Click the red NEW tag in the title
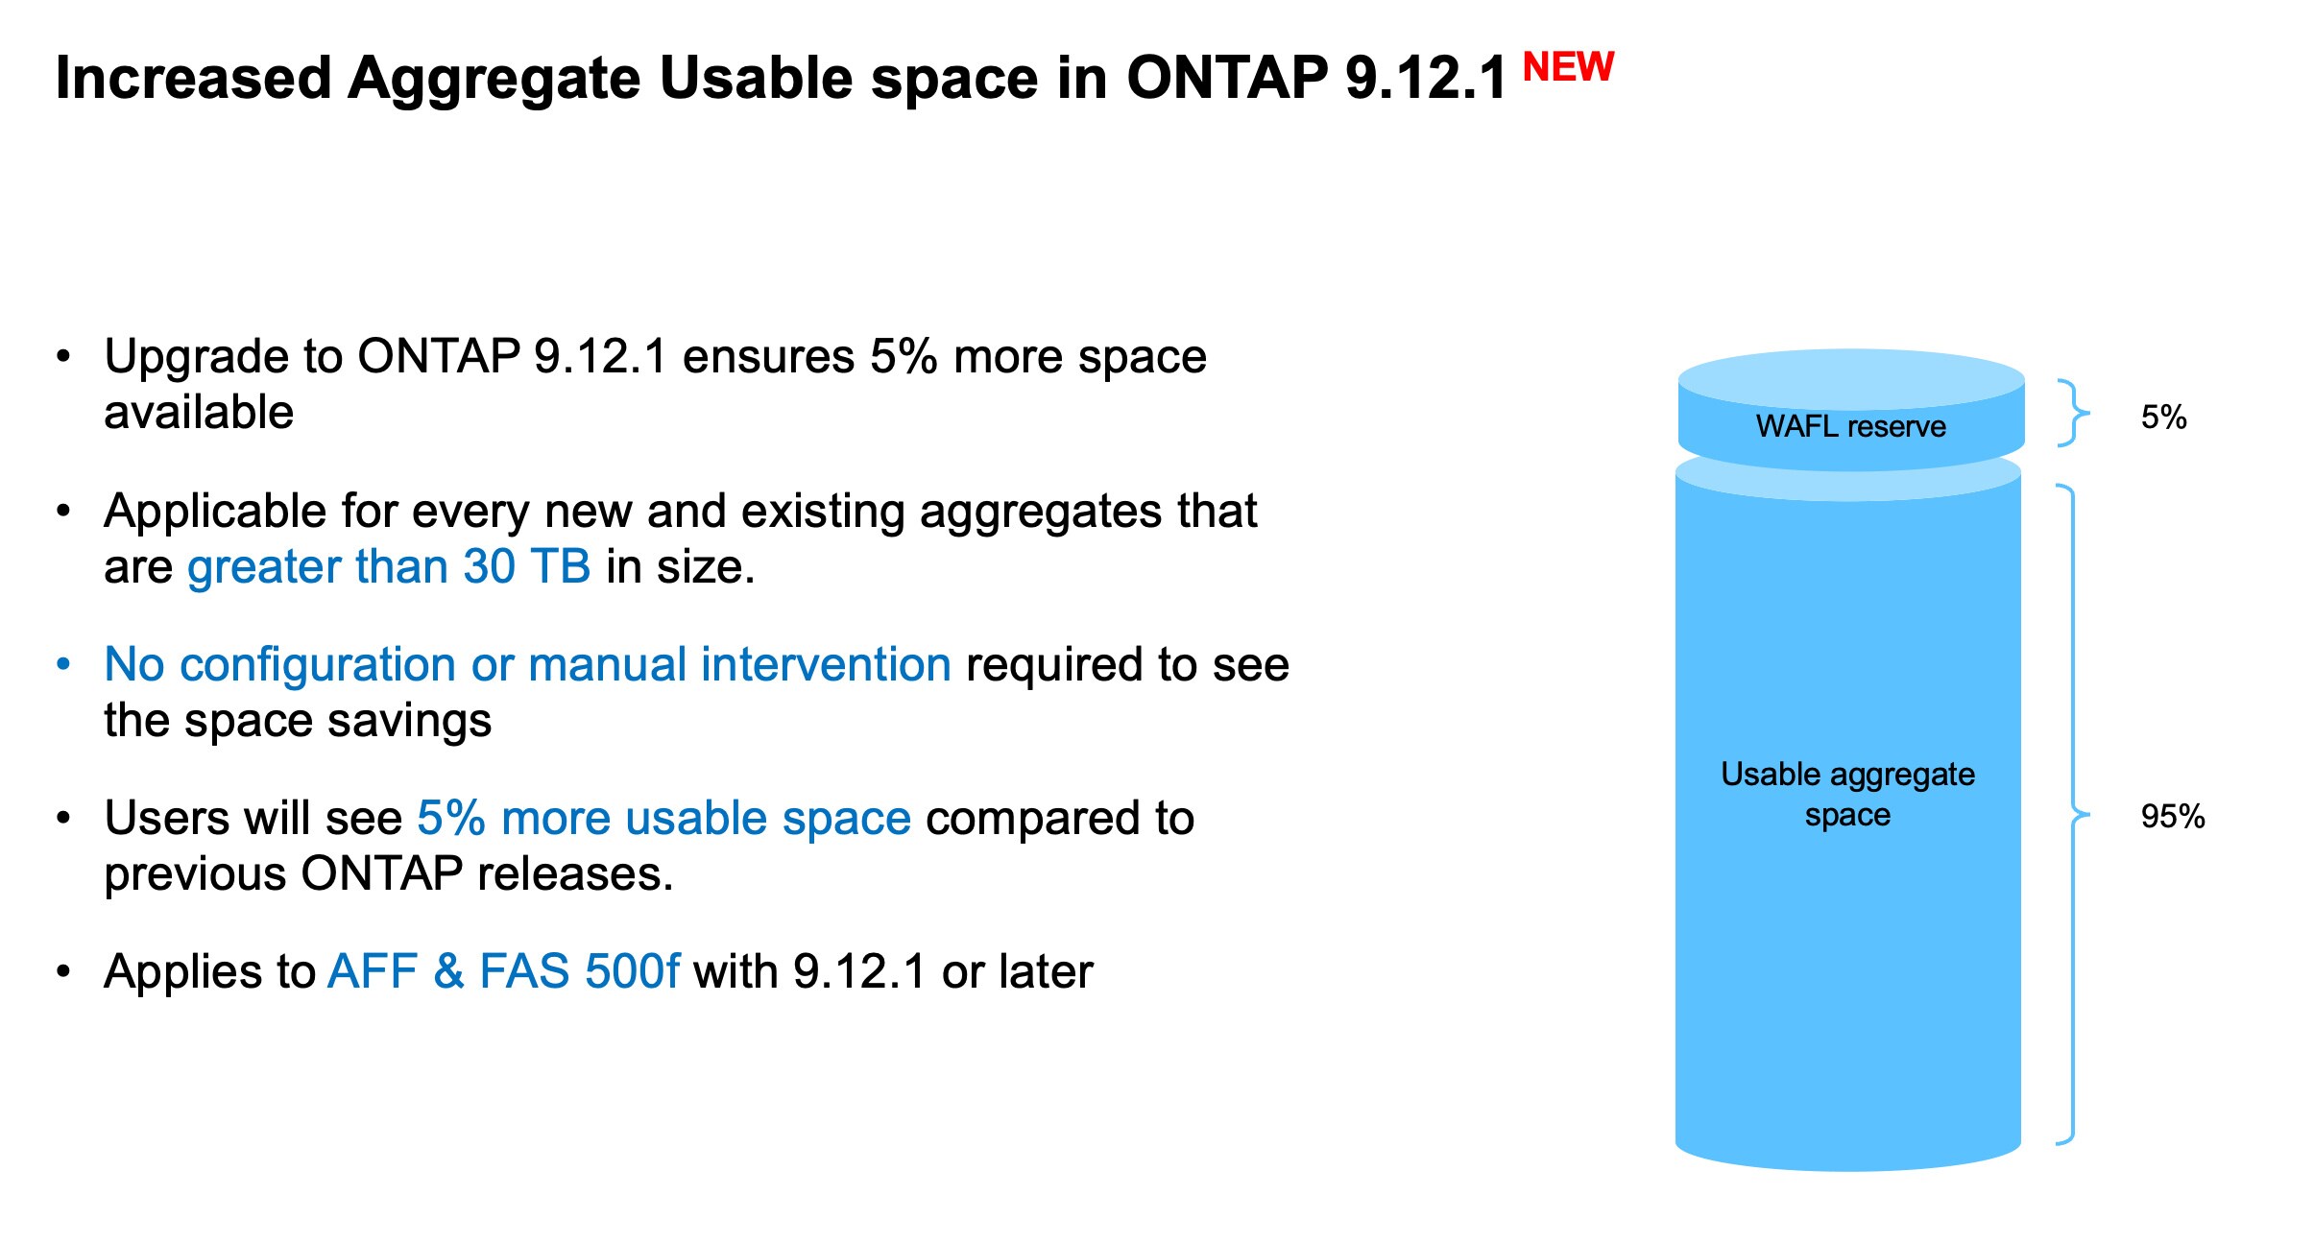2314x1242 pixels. [1568, 67]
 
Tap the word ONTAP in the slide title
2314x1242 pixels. [1227, 77]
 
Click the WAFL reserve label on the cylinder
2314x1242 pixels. [1850, 426]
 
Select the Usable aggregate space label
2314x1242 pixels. [1847, 794]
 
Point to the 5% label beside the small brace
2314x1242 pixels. [2163, 418]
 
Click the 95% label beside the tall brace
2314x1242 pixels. [2172, 817]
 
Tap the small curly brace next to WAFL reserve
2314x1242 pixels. [2074, 413]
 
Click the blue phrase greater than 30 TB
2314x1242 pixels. [389, 566]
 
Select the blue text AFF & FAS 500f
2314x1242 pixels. [504, 971]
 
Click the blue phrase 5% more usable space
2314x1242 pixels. [663, 818]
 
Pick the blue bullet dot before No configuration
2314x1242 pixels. [63, 664]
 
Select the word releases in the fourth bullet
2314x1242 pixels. [575, 874]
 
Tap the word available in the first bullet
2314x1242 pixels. [199, 413]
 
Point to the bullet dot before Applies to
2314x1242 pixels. [63, 971]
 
